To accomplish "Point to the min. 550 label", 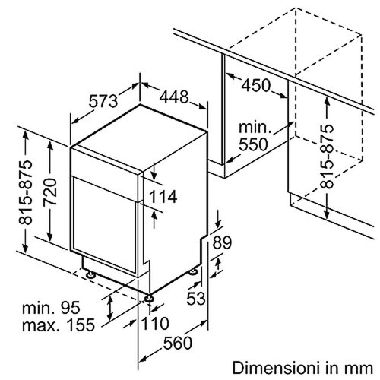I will [x=254, y=134].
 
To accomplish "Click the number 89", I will [x=222, y=243].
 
